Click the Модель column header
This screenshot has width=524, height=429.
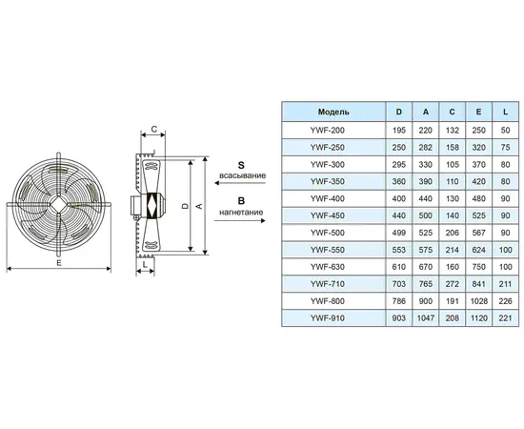[x=333, y=112]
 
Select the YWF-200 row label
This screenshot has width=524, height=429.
[x=327, y=130]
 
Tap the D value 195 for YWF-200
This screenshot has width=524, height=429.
[x=399, y=130]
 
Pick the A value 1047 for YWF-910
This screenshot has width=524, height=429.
[x=426, y=318]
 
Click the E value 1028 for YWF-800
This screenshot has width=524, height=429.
[x=479, y=301]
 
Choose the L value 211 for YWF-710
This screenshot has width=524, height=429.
[x=505, y=284]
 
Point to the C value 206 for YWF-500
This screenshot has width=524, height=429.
[x=453, y=233]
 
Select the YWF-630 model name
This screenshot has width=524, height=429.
[x=327, y=267]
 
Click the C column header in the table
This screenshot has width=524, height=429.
[x=453, y=112]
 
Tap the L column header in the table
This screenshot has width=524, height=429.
[x=505, y=112]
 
